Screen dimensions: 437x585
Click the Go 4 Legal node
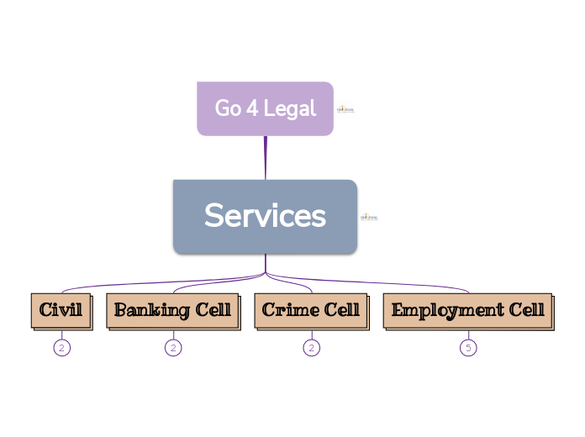point(265,108)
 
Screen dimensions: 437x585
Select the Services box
point(265,216)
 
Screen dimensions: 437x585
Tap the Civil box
point(61,310)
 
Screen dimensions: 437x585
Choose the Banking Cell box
point(172,310)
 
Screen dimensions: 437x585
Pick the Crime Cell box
point(311,310)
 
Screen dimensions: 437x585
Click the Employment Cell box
point(468,310)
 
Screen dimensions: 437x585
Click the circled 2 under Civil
point(61,347)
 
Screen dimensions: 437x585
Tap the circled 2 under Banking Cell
point(173,347)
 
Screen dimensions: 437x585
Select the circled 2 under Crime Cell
point(312,347)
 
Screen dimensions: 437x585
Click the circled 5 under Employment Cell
point(468,347)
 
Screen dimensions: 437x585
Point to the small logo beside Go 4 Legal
point(345,109)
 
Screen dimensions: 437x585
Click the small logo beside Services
point(369,217)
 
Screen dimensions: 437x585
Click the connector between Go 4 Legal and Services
point(266,157)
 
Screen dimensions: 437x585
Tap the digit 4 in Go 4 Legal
point(251,108)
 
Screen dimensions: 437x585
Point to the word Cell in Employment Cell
point(525,310)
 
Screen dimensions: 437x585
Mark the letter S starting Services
point(213,216)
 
